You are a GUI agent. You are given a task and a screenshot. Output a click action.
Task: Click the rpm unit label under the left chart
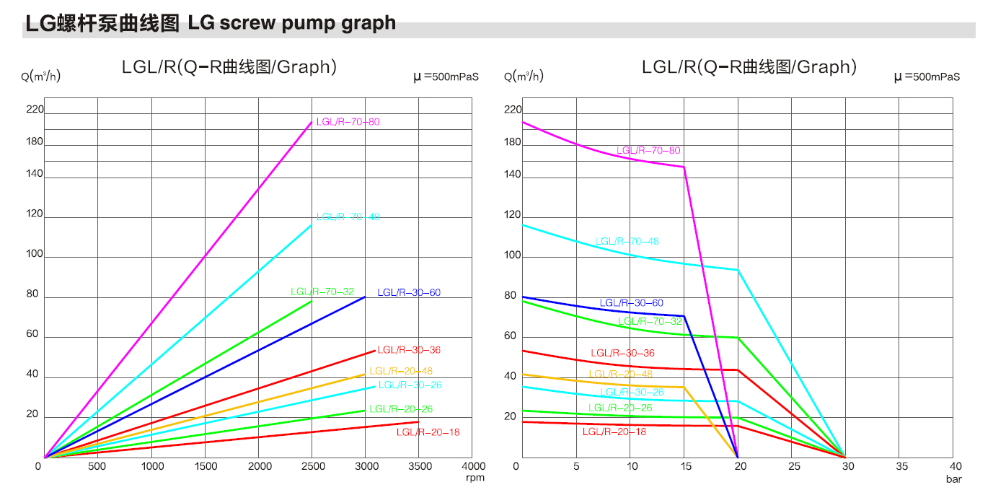(475, 478)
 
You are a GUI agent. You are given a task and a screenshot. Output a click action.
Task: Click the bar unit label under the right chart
(954, 478)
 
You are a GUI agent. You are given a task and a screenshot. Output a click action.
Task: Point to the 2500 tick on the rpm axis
(312, 466)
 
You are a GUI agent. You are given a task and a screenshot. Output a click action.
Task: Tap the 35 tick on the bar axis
(902, 466)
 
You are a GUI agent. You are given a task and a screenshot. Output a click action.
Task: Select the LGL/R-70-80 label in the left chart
(348, 122)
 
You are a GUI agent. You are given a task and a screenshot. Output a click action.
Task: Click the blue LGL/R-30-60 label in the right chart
(631, 303)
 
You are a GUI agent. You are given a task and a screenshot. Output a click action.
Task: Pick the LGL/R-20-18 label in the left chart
(428, 432)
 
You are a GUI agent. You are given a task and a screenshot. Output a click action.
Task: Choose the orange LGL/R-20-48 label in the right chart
(620, 374)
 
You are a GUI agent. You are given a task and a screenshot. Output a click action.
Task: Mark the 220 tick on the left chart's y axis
(35, 110)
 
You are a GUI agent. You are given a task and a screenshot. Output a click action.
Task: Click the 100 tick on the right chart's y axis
(511, 255)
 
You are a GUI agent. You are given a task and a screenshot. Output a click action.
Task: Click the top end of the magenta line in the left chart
(312, 121)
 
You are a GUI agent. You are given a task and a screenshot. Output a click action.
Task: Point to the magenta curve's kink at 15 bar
(684, 167)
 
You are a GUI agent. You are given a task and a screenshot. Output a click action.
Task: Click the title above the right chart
(749, 67)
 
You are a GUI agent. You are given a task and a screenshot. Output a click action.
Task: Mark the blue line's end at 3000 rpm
(366, 297)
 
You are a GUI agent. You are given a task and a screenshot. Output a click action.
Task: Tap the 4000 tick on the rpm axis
(472, 466)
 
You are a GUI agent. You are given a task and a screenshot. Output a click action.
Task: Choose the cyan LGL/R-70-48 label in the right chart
(627, 241)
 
